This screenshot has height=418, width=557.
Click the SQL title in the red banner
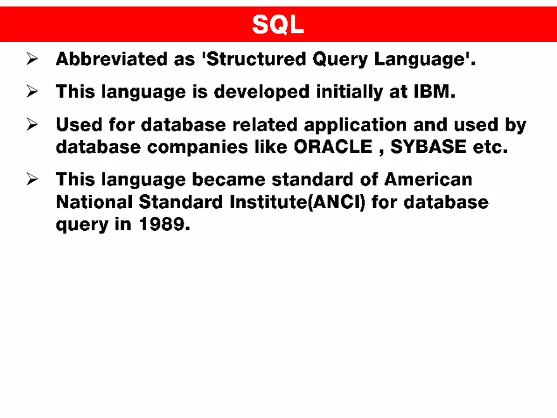[278, 25]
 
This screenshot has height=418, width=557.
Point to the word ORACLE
[333, 147]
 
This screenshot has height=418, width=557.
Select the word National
[94, 202]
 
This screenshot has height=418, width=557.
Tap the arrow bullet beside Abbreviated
[33, 60]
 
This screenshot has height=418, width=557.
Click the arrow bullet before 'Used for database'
[33, 124]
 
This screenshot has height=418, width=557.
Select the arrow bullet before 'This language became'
[33, 180]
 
